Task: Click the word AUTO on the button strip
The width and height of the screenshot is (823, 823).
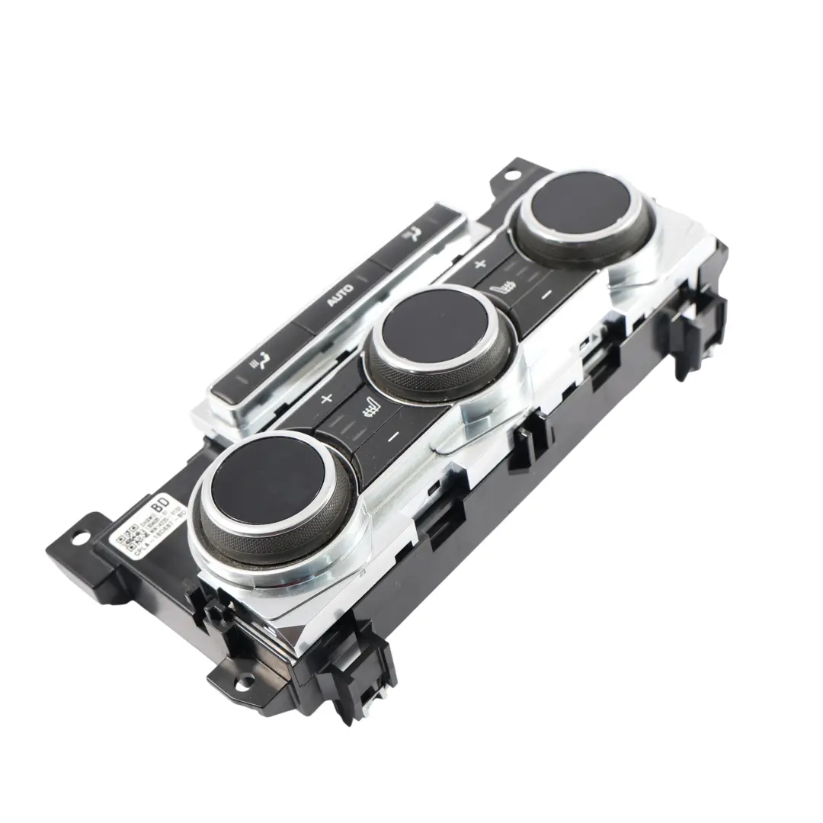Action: click(340, 296)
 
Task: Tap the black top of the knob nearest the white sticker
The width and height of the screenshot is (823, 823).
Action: click(267, 479)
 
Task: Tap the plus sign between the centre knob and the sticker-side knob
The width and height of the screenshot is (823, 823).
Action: click(327, 399)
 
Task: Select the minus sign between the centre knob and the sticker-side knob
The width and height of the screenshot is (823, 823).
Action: click(393, 437)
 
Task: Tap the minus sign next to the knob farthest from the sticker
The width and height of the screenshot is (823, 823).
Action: click(546, 293)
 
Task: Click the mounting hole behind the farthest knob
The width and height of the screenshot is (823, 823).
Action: click(509, 174)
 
